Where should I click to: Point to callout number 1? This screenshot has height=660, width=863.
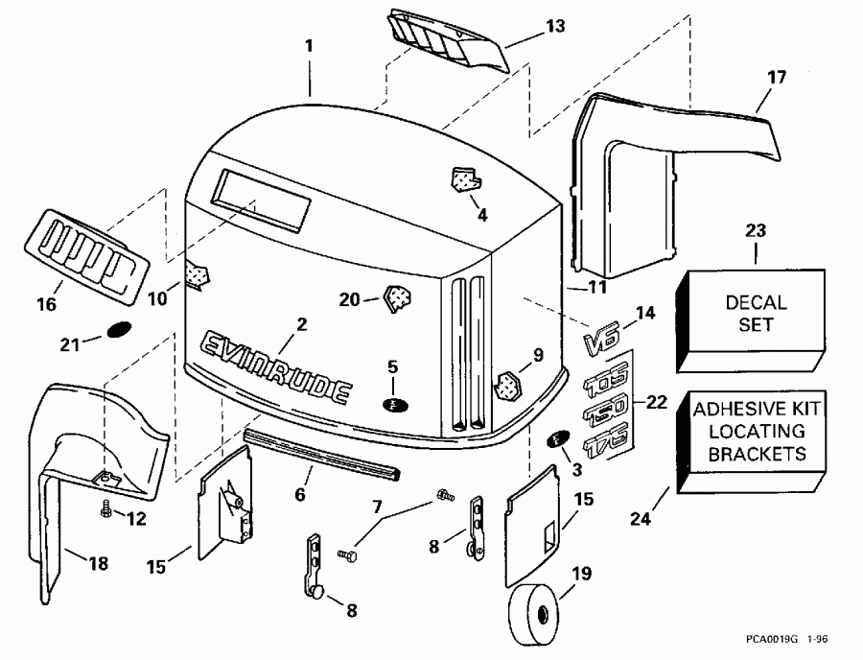(x=309, y=45)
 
